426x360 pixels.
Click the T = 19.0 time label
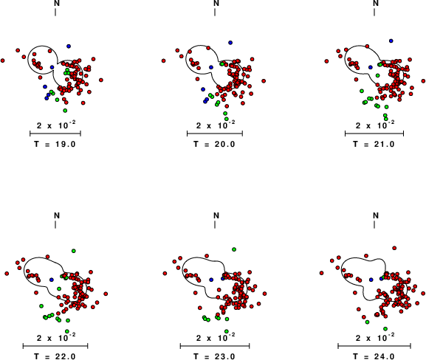pos(55,144)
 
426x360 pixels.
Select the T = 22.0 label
pos(55,356)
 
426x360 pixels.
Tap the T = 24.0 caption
pos(374,356)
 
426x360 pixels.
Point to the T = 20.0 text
pos(215,144)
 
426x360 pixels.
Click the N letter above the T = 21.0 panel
pos(376,3)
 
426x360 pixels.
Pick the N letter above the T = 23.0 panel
pos(216,215)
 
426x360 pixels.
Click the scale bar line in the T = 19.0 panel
pos(55,134)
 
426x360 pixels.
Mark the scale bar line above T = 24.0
pos(374,346)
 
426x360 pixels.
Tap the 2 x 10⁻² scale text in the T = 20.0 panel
pos(216,125)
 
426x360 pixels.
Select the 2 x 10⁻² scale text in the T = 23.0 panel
pos(216,337)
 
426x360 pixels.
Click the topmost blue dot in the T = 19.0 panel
pos(69,46)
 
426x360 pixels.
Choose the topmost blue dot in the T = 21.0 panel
pos(391,41)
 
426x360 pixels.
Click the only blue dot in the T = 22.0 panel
pos(52,280)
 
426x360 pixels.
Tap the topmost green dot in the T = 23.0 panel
pos(234,249)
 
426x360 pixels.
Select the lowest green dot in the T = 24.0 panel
pos(385,329)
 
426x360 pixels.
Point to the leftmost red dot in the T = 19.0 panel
pos(3,60)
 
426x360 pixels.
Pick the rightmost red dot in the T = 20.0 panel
pos(264,81)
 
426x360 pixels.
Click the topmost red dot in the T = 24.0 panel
pos(394,248)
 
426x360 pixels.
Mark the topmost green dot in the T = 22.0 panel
pos(74,251)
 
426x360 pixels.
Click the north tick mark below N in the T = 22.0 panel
pos(55,224)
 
